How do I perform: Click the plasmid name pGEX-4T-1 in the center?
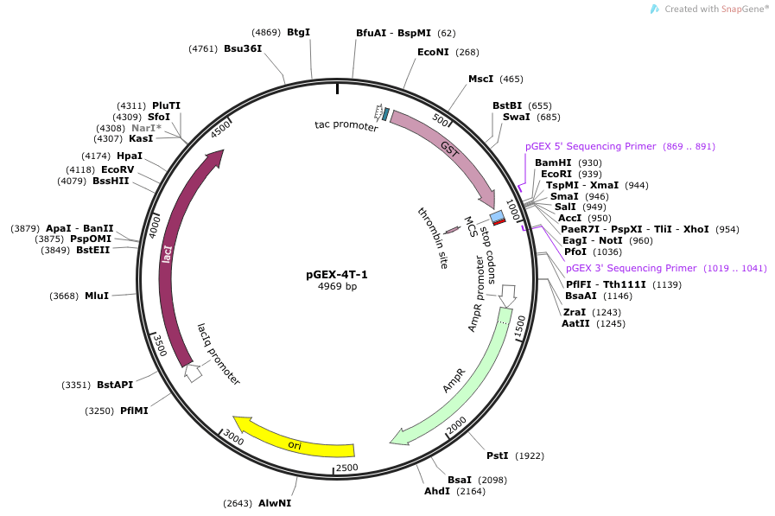[337, 275]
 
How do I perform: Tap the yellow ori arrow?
[294, 442]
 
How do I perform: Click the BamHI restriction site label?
[553, 162]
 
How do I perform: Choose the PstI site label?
[497, 455]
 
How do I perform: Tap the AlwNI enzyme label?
[275, 503]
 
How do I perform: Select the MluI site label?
[97, 296]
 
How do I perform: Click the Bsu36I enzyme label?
[243, 49]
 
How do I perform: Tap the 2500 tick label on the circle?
[346, 468]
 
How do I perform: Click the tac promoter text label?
[346, 125]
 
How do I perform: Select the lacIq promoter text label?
[218, 354]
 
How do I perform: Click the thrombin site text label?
[433, 238]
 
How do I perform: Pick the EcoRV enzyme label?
[118, 169]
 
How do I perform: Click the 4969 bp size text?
[337, 287]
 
